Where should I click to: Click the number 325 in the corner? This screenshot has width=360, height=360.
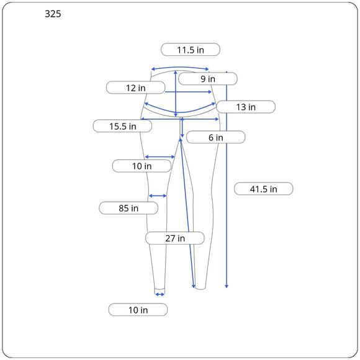tap(53, 14)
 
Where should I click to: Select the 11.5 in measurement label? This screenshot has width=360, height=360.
tap(191, 50)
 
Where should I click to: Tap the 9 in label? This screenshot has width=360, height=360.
tap(208, 79)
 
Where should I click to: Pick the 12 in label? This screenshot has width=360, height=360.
tap(136, 88)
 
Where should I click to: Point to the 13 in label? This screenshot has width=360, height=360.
tap(246, 107)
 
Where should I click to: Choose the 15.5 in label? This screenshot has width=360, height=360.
tap(123, 126)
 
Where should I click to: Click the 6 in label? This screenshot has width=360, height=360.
tap(216, 137)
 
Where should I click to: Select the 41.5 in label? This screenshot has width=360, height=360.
tap(264, 189)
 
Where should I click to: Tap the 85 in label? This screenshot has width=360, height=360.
tap(128, 208)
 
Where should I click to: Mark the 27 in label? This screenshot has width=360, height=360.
tap(175, 238)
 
